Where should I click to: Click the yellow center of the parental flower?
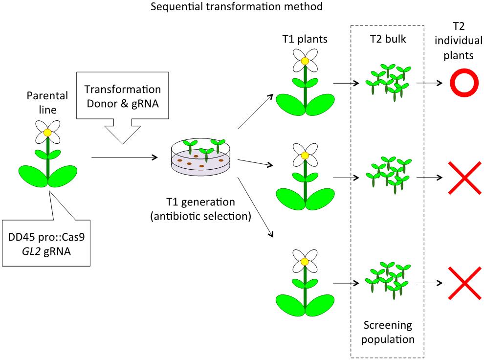(47, 133)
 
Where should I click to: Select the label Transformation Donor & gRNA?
(122, 97)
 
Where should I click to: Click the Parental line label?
(47, 98)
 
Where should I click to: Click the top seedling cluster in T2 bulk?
(387, 81)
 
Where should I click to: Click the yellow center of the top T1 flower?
(305, 61)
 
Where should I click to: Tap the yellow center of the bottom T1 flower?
(305, 262)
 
